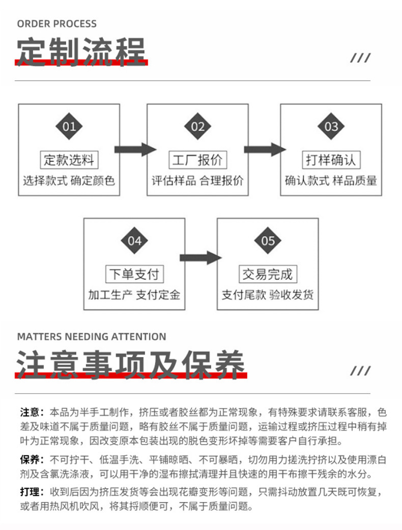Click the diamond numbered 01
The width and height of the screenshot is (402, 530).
pos(69,126)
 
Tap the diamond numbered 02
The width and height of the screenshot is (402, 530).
pos(197,126)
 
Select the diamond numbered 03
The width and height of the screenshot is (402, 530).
pos(331,126)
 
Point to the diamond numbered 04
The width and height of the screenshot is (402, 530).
pos(134,241)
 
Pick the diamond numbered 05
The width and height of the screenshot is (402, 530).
pos(268,241)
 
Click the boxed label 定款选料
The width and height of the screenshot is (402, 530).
pos(69,160)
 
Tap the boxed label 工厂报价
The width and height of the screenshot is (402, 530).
pos(197,160)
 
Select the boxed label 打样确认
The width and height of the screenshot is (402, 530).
pos(331,160)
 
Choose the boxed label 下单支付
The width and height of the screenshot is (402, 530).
pos(134,275)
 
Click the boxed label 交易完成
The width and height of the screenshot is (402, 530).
pos(268,275)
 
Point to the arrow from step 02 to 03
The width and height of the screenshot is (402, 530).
pos(265,150)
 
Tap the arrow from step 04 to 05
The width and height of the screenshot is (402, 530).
pos(200,258)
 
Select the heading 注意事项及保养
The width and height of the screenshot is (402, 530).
pos(131,364)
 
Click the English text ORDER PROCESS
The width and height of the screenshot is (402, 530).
pos(56,23)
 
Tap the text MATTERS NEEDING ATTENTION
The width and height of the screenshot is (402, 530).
pos(92,337)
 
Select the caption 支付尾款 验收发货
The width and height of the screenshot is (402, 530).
pos(268,295)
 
